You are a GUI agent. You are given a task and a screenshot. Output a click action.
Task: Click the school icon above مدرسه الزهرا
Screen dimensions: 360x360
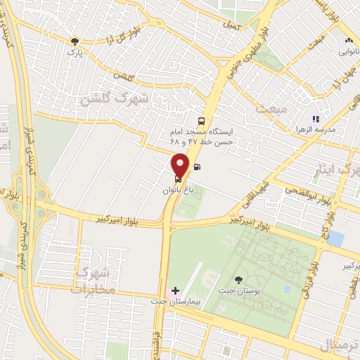coord(316,119)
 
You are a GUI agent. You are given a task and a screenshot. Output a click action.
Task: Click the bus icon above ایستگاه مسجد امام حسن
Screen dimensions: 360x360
coord(202,120)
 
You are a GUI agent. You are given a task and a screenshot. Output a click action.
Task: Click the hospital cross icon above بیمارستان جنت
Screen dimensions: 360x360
coord(175,290)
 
